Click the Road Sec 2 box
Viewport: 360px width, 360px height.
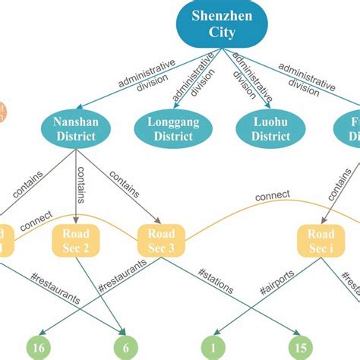(x=74, y=241)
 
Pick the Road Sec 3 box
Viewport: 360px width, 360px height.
(x=160, y=241)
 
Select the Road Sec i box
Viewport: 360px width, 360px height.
(x=320, y=241)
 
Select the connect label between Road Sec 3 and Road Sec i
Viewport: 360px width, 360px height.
(x=272, y=196)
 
